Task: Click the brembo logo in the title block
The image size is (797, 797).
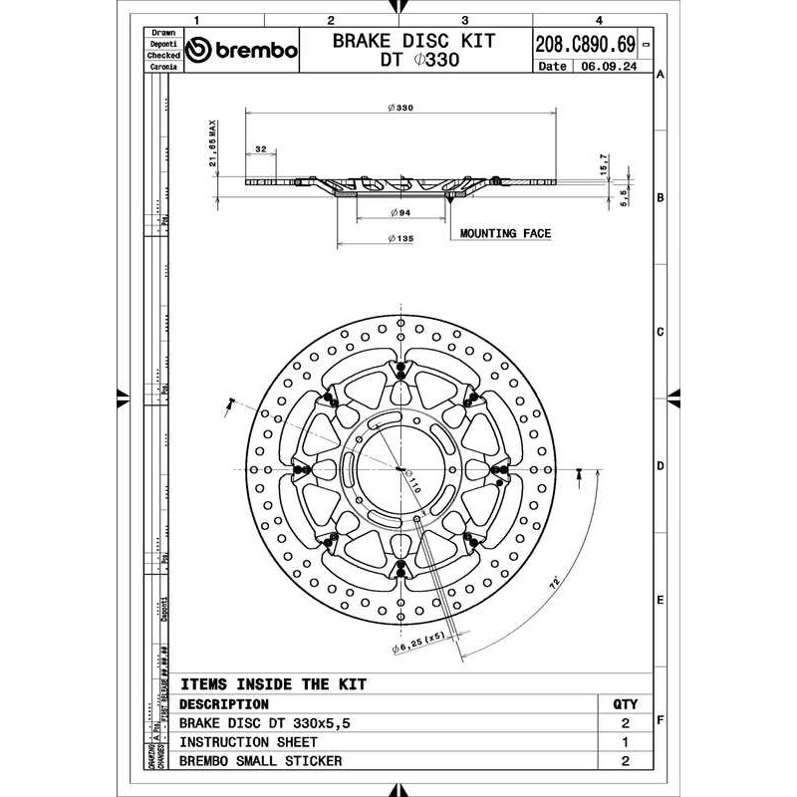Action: pos(242,51)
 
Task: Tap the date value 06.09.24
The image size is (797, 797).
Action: pos(610,67)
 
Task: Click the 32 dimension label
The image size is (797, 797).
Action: pos(261,149)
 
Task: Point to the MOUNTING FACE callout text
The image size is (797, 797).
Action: pos(505,233)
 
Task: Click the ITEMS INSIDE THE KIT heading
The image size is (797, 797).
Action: pos(273,684)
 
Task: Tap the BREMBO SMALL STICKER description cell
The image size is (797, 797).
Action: pos(260,761)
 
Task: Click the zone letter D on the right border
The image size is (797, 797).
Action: pos(661,466)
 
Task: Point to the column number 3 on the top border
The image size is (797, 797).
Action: pos(465,19)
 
